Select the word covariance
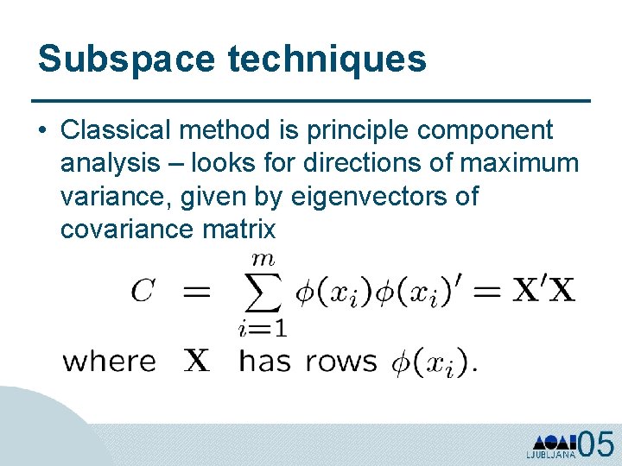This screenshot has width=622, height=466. tap(127, 229)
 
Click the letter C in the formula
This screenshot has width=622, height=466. tap(143, 292)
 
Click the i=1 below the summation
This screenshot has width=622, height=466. tap(262, 329)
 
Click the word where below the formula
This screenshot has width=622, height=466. tap(110, 362)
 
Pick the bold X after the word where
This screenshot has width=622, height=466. tap(197, 361)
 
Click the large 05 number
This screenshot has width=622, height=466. tap(595, 444)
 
